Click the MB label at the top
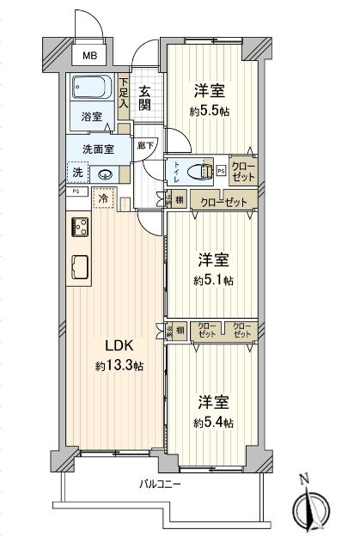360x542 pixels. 88,57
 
